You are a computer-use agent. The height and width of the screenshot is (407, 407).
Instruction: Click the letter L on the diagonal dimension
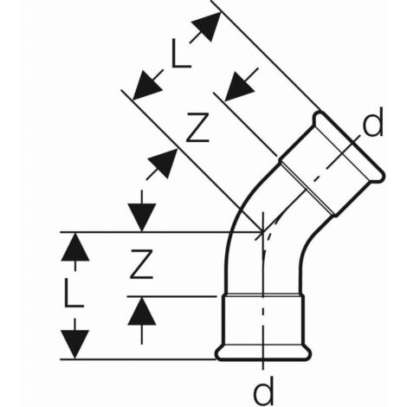[180, 55]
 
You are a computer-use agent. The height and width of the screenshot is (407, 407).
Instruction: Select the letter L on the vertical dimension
[74, 293]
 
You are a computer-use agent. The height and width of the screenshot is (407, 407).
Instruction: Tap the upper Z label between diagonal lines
[197, 127]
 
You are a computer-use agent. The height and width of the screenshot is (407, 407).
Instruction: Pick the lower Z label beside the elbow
[141, 264]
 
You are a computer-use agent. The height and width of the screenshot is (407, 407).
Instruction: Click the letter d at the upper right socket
[372, 122]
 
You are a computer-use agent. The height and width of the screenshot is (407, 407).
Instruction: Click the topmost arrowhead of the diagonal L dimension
[207, 26]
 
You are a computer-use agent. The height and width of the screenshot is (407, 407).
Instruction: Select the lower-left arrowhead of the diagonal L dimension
[147, 86]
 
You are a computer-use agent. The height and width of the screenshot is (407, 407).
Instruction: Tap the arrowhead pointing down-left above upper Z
[239, 87]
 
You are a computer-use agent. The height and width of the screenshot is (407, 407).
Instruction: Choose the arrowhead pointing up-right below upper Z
[162, 164]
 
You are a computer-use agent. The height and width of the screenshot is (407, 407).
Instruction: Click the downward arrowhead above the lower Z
[142, 217]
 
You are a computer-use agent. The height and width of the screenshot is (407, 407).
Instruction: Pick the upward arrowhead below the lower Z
[142, 311]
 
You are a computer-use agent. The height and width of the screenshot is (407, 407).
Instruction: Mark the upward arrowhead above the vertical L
[75, 247]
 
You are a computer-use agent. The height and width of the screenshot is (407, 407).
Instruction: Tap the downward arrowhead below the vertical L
[74, 345]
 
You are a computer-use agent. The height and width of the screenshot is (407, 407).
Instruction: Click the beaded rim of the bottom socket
[263, 352]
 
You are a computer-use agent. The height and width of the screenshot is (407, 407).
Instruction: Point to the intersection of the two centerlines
[262, 231]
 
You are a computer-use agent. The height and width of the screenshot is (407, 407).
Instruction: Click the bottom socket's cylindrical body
[263, 320]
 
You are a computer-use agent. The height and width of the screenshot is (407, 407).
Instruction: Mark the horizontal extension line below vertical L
[138, 359]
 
